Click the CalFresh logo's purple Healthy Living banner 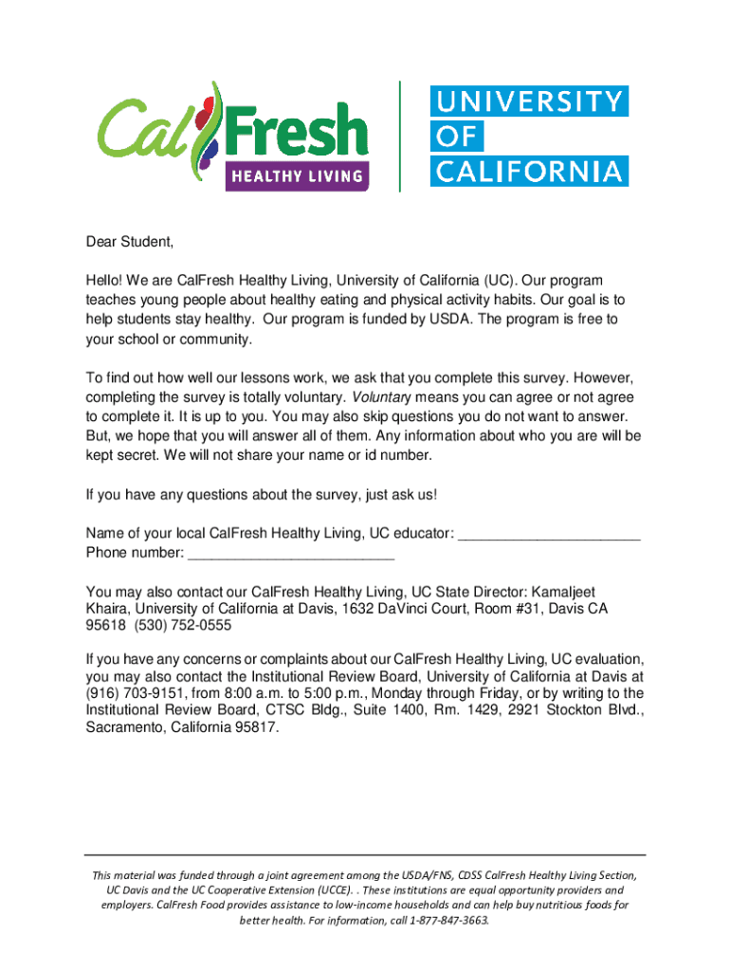tap(297, 175)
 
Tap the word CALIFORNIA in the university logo tap(529, 172)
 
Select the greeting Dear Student tap(130, 242)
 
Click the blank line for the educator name tap(550, 533)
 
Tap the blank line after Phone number tap(291, 553)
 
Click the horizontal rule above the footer tap(365, 854)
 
